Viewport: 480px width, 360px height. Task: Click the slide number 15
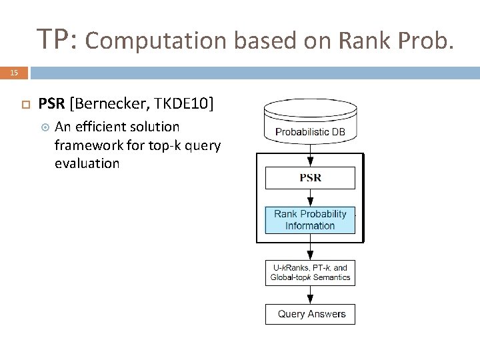point(14,73)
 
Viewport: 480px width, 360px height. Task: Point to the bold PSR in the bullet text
point(51,103)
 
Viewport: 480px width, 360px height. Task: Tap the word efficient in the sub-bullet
point(109,127)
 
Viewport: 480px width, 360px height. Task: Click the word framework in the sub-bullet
point(86,145)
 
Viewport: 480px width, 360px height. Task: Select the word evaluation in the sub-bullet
point(87,163)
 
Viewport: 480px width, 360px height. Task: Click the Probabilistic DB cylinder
point(310,123)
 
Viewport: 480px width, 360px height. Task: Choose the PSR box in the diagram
point(310,178)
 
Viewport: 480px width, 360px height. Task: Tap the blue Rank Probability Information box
point(310,220)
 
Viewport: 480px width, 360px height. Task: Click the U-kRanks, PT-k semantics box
point(310,273)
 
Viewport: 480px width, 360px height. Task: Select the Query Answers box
point(310,314)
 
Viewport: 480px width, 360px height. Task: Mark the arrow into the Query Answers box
point(310,295)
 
